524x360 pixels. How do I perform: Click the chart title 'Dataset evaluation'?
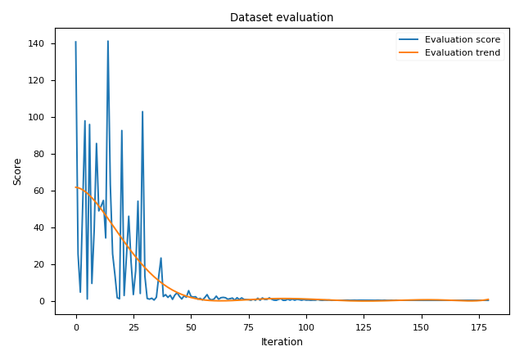[282, 17]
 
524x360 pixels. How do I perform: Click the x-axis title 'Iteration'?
[282, 342]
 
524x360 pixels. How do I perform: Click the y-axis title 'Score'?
[17, 171]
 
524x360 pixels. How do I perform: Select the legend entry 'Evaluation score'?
[462, 39]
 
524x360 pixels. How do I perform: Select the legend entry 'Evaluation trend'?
[462, 53]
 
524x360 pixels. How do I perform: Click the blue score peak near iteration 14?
[108, 41]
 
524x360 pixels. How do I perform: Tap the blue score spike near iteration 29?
[142, 111]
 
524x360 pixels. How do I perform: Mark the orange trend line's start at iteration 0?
[76, 187]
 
